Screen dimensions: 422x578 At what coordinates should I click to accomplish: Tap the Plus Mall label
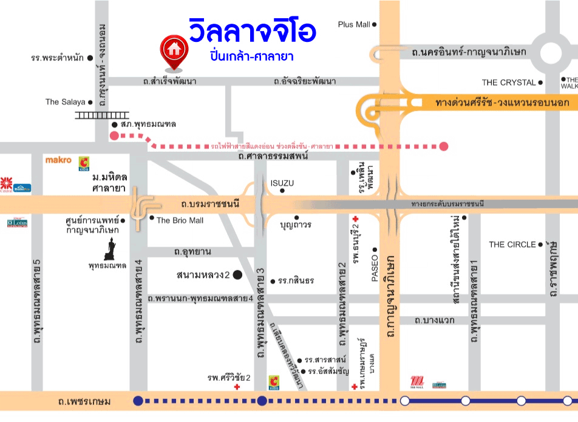pos(354,24)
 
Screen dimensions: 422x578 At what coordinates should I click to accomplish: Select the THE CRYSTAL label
pos(508,83)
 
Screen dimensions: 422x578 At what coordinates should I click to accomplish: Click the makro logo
pos(59,160)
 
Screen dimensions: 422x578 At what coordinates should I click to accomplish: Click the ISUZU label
pos(282,183)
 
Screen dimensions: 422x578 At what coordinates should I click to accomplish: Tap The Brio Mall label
pos(180,220)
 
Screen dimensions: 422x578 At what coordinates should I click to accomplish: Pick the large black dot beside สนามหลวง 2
pos(237,275)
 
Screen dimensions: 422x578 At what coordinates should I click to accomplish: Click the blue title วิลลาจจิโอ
pos(252,32)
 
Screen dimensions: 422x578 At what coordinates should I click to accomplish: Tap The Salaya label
pos(65,102)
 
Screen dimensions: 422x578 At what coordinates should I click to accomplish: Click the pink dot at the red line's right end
pos(444,146)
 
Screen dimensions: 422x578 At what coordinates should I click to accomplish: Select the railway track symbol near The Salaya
pos(102,115)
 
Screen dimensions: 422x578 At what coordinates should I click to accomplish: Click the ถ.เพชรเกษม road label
pos(84,401)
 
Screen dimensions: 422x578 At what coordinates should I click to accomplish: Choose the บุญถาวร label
pos(296,225)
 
